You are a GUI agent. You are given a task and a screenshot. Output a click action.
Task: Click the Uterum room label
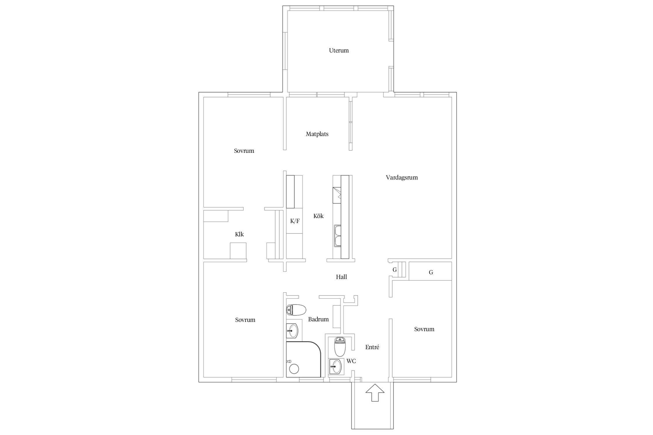point(339,50)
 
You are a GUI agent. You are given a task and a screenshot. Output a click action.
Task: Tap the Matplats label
point(317,134)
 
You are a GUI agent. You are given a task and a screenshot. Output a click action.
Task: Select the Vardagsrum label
point(402,177)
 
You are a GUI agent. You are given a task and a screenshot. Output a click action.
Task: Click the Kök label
point(318,216)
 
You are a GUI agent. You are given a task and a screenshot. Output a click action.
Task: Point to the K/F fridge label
point(295,221)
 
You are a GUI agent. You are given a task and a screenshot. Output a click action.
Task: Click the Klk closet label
point(239,234)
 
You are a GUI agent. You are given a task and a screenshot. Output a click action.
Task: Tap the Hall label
point(341,277)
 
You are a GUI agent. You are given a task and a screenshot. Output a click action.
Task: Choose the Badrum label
point(318,319)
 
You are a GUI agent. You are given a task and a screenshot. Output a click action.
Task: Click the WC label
point(351,361)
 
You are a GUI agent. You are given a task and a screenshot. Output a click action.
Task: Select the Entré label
point(372,347)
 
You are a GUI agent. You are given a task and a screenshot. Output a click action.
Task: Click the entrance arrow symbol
point(375,393)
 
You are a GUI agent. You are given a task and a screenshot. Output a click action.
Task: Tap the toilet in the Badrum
point(296,310)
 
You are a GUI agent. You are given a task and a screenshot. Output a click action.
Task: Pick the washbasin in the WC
point(336,367)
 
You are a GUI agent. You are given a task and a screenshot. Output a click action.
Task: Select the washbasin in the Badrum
point(292,331)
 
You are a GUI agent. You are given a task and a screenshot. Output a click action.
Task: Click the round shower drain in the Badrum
point(294,369)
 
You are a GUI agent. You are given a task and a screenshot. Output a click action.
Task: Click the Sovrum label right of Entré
point(424,329)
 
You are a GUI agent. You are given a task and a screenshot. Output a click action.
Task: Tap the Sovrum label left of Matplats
point(244,151)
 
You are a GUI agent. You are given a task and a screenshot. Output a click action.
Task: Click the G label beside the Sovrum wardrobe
point(431,272)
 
